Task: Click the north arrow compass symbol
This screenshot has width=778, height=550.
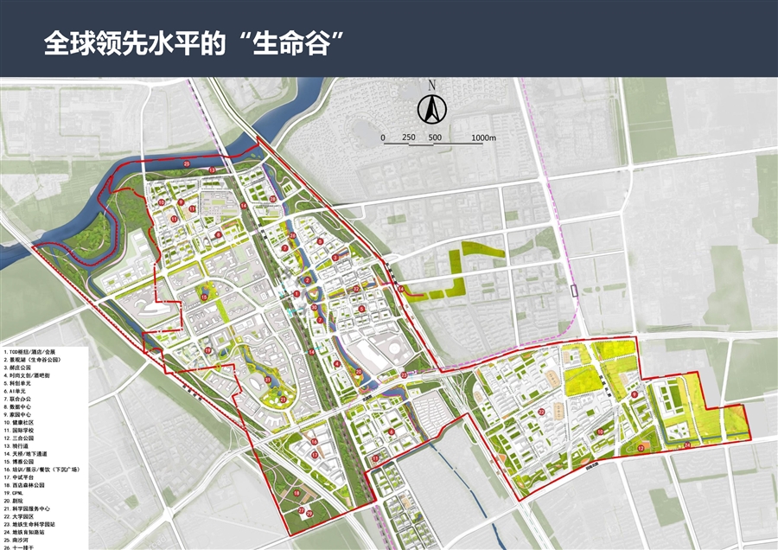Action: point(430,109)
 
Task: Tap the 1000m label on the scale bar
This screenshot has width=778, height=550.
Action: point(484,138)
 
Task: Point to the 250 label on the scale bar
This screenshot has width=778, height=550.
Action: point(409,138)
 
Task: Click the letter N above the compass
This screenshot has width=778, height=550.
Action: point(430,86)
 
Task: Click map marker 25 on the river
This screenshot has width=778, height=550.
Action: point(188,163)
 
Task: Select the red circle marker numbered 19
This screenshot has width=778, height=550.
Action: point(208,349)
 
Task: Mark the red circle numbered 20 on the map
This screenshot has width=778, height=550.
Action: point(358,372)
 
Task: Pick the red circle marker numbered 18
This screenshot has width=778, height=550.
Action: point(297,493)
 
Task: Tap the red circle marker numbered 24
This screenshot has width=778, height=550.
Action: point(687,445)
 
